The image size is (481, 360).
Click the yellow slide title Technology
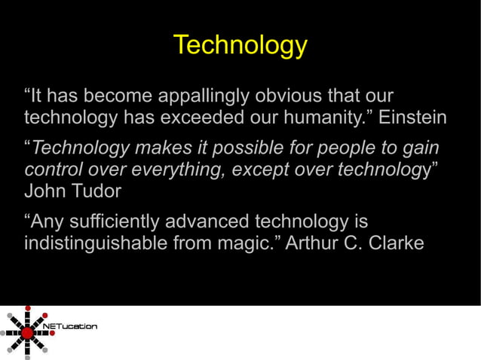(x=240, y=45)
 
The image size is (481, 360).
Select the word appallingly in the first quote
(x=202, y=97)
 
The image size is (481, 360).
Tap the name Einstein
(x=412, y=118)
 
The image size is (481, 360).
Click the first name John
(x=44, y=191)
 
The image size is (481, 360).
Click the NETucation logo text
(x=72, y=326)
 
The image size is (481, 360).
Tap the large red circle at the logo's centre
(x=28, y=332)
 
